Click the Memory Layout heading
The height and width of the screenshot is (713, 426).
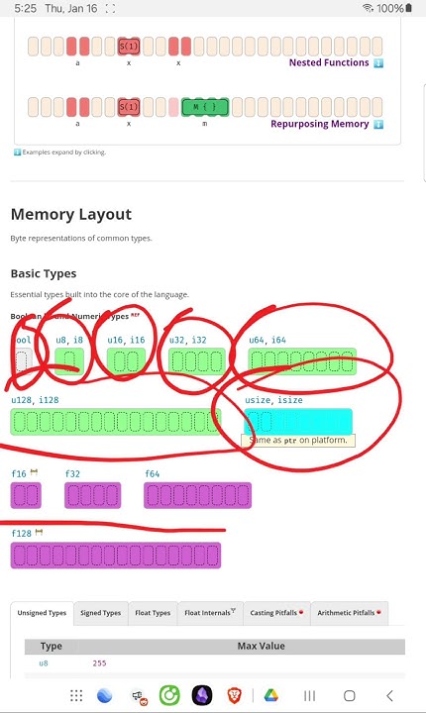click(70, 214)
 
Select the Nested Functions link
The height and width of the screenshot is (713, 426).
click(328, 62)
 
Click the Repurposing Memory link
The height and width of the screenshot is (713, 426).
click(319, 124)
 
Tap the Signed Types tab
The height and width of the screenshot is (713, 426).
click(100, 613)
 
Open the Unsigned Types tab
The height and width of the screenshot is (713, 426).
click(42, 613)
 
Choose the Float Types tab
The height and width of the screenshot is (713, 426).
click(153, 613)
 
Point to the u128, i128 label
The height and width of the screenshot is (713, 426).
click(35, 400)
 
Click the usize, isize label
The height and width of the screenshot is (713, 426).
click(273, 400)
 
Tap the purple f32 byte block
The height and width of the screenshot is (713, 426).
click(92, 495)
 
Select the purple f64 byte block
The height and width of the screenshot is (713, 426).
click(197, 495)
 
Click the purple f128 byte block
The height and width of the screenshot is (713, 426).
click(115, 556)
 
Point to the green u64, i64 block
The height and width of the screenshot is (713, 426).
click(301, 361)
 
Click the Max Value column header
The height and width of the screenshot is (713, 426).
click(261, 646)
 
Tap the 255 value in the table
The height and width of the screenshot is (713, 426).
click(99, 662)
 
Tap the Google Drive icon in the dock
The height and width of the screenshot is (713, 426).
click(271, 695)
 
